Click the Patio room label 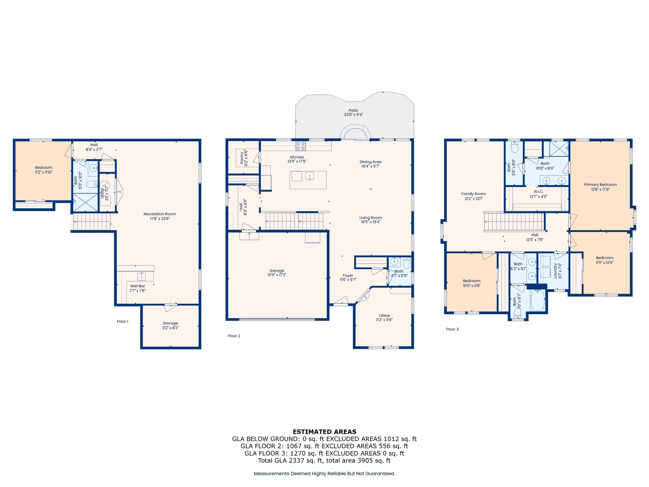[x=353, y=110]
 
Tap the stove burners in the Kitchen [x=301, y=146]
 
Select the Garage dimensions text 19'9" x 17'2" [x=277, y=275]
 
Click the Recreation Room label [x=160, y=214]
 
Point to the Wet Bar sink [x=141, y=276]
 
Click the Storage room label [x=170, y=323]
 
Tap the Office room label [x=384, y=315]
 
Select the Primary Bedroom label [x=601, y=185]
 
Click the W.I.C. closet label [x=538, y=192]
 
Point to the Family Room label [x=473, y=194]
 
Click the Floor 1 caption [x=122, y=321]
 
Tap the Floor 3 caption [x=452, y=329]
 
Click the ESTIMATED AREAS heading [x=324, y=432]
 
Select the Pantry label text [x=242, y=158]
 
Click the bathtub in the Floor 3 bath [x=537, y=300]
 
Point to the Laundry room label [x=555, y=271]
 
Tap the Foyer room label [x=348, y=276]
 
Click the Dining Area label [x=370, y=162]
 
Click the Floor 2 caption [x=234, y=336]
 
